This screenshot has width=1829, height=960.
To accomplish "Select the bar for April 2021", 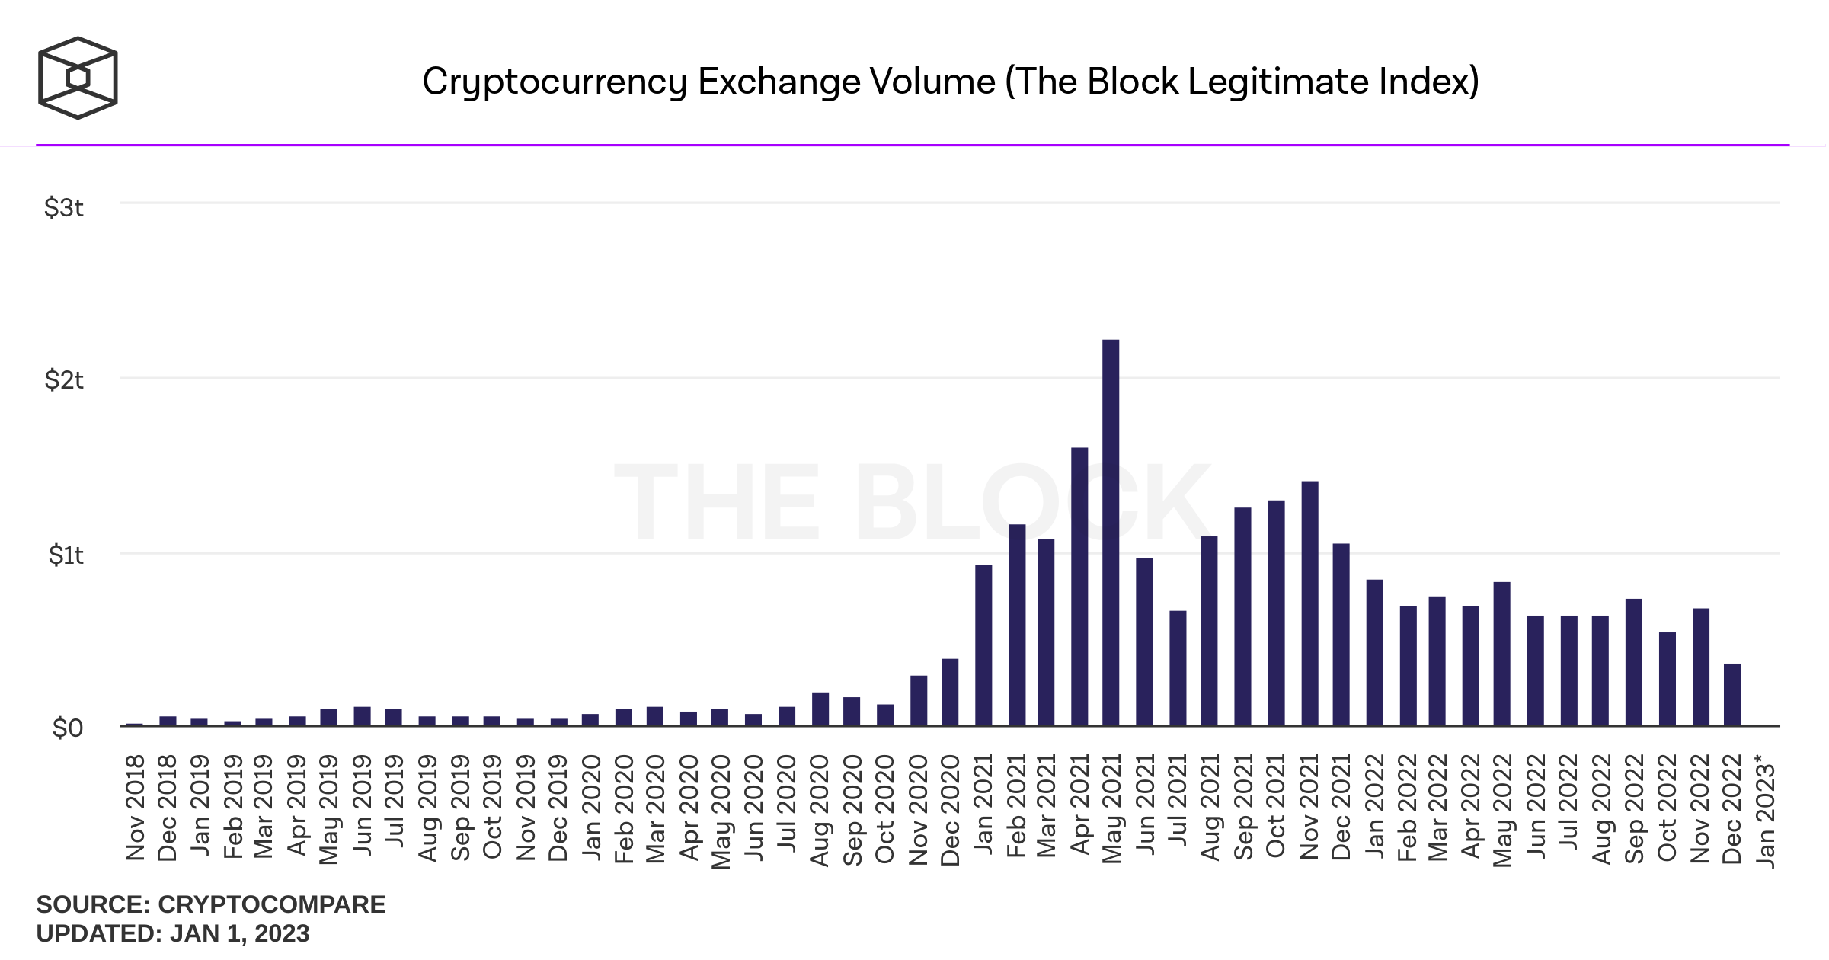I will point(1079,586).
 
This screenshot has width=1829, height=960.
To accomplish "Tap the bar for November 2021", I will point(1309,603).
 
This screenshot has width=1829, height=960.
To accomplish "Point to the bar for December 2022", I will point(1732,694).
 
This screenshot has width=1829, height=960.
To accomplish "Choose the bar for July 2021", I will point(1178,667).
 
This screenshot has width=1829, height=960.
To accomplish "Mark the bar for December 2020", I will point(950,692).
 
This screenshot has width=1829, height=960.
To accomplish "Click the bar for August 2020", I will point(820,709).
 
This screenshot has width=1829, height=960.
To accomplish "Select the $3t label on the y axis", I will point(64,207).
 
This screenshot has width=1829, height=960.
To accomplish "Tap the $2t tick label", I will point(64,379).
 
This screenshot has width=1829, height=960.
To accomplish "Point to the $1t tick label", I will point(66,555).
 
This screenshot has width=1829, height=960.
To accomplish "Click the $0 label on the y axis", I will point(67,728).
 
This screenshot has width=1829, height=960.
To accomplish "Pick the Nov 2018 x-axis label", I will point(135,808).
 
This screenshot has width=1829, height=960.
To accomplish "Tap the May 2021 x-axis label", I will point(1112,808).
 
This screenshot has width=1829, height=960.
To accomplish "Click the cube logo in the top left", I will point(78,78).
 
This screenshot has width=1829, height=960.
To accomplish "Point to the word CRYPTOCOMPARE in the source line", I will point(271,904).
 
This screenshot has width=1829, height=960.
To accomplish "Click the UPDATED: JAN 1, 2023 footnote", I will point(173,933).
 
